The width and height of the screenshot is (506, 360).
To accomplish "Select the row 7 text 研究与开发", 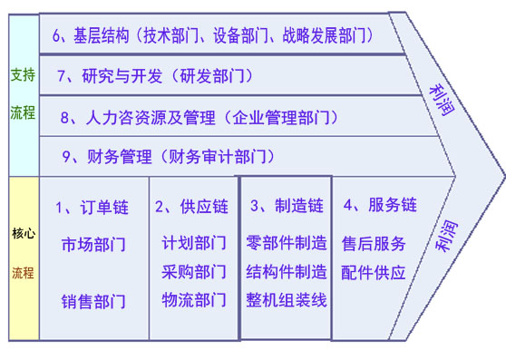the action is (112, 76).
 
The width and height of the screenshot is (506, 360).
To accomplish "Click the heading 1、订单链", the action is (92, 207).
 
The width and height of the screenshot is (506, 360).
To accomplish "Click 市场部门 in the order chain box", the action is (93, 246).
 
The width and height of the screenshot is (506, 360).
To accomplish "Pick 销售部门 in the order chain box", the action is (93, 300).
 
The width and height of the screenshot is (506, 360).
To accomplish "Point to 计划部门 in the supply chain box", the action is (194, 245).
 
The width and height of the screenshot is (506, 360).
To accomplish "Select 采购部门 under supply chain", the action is (194, 272).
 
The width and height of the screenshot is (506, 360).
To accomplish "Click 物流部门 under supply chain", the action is (194, 300).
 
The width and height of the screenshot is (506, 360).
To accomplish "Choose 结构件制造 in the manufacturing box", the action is (286, 271).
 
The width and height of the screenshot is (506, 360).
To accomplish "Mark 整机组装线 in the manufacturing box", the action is (286, 300).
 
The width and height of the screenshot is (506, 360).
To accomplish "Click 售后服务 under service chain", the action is (374, 244).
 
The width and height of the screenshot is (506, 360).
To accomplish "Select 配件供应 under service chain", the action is (374, 272).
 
